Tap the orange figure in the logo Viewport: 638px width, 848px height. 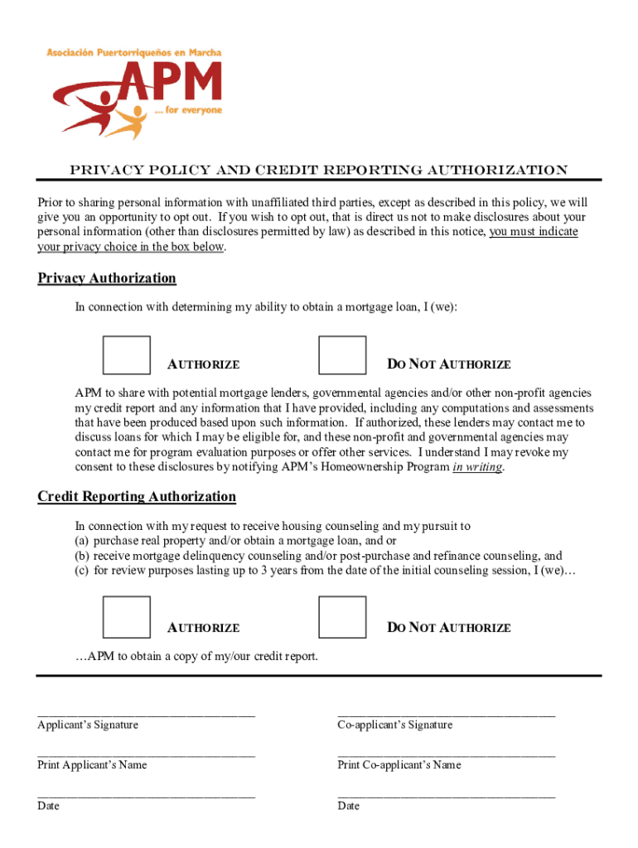click(126, 122)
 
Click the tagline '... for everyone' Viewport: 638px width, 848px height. click(189, 110)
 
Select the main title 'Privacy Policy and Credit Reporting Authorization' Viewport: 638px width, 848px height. click(318, 171)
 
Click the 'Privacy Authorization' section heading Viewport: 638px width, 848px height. click(107, 278)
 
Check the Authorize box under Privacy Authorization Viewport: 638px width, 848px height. click(127, 354)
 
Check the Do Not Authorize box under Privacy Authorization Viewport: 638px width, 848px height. click(342, 354)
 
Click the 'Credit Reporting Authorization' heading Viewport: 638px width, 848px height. click(137, 497)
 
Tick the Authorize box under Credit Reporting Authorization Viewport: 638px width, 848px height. click(127, 618)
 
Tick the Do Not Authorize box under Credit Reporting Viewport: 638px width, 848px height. click(342, 618)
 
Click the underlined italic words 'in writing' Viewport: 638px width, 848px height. click(477, 467)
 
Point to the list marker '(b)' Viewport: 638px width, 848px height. click(82, 556)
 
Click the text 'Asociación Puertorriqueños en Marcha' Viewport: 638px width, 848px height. click(133, 53)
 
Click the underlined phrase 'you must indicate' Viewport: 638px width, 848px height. click(534, 232)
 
